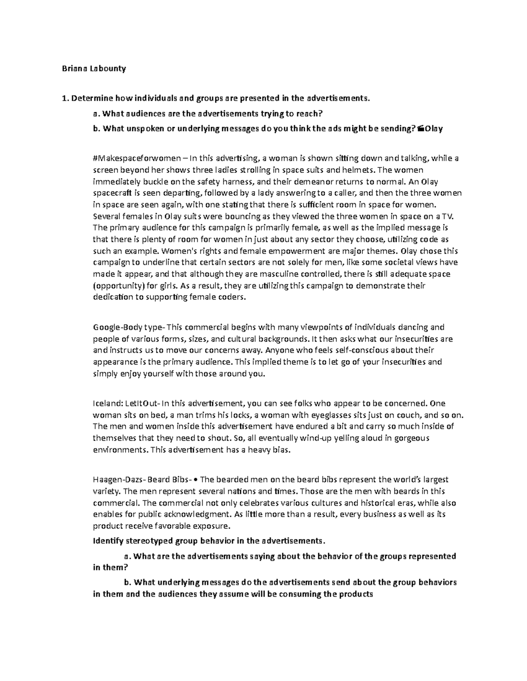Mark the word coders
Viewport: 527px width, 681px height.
point(234,297)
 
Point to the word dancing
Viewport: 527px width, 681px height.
point(411,328)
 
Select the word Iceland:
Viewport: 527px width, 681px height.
point(106,403)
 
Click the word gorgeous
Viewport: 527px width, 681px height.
point(414,438)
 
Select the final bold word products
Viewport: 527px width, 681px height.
point(355,595)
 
